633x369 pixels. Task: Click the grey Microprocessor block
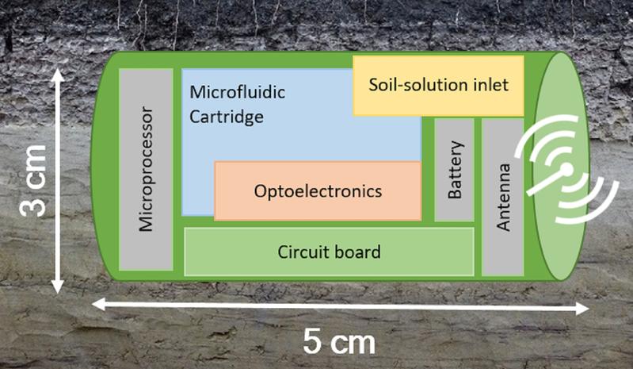[x=146, y=169]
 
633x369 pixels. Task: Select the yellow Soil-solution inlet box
[x=438, y=86]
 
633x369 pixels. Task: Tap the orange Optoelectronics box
[x=318, y=190]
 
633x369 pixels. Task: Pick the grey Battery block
[x=454, y=170]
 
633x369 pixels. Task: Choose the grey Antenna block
[x=502, y=197]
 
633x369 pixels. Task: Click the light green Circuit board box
[x=329, y=252]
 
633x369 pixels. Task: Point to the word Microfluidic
[x=238, y=92]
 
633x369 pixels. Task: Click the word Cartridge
[x=227, y=117]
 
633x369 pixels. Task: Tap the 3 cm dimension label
[x=33, y=181]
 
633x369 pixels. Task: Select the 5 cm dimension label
[x=339, y=341]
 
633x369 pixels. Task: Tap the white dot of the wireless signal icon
[x=566, y=169]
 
